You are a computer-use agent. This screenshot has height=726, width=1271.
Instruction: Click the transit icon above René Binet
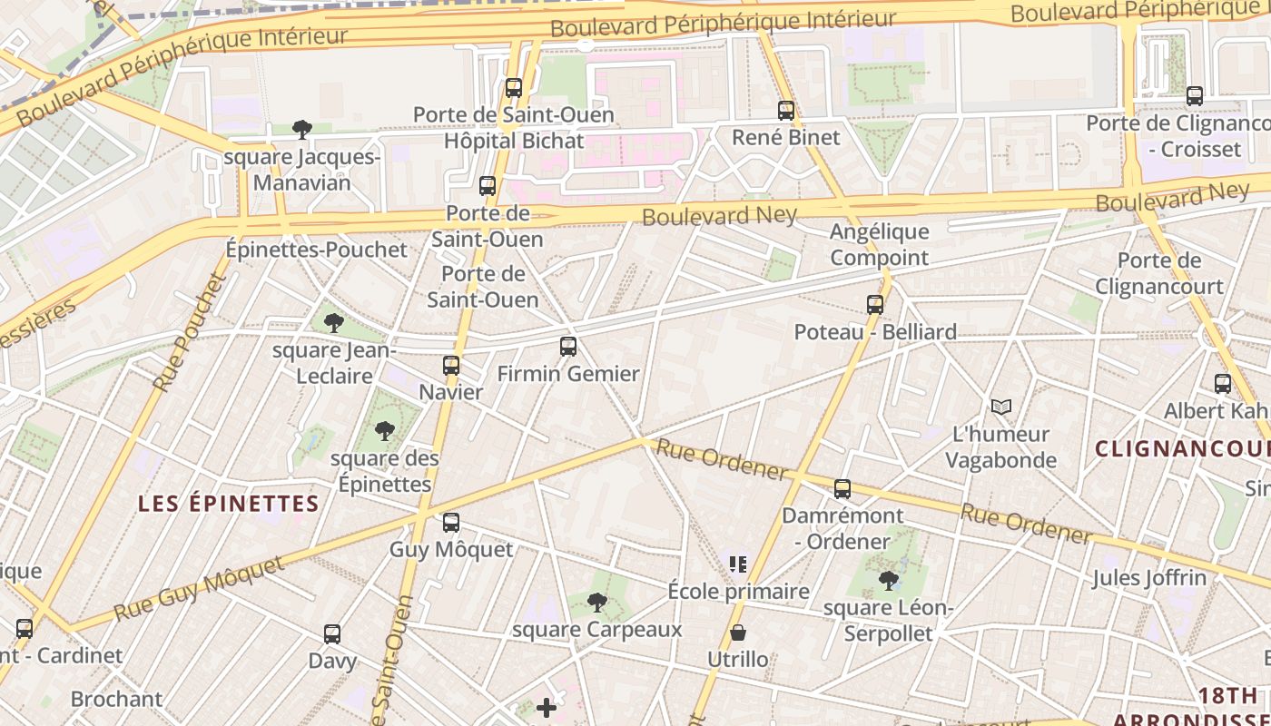[786, 111]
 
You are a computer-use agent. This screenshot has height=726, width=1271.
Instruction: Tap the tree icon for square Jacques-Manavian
[302, 130]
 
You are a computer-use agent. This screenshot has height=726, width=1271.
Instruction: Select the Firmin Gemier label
[568, 373]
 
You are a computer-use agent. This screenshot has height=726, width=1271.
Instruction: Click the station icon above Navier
[451, 366]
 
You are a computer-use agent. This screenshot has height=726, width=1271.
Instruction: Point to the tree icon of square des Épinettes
[385, 431]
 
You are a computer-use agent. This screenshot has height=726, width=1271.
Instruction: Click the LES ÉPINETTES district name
[229, 504]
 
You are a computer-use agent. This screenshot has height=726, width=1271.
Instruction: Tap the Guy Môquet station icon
[451, 523]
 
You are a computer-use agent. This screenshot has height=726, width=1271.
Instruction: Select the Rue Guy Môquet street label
[200, 590]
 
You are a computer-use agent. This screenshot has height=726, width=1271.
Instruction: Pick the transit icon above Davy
[332, 634]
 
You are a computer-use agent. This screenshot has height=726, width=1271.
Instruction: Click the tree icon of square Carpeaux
[596, 602]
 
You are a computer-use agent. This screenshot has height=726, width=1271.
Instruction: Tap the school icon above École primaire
[738, 564]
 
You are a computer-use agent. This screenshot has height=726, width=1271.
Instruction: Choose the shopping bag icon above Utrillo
[738, 633]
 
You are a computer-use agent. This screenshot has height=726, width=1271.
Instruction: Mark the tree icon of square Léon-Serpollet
[888, 580]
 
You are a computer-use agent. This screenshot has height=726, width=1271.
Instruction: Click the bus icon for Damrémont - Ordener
[842, 489]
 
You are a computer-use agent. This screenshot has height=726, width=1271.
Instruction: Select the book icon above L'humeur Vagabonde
[1000, 407]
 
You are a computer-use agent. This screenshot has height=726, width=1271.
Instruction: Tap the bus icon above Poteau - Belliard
[875, 305]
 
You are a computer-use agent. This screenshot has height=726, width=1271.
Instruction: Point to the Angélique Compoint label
[879, 245]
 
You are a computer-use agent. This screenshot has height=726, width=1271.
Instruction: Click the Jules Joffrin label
[1149, 577]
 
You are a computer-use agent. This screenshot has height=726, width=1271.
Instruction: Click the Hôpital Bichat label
[514, 141]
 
